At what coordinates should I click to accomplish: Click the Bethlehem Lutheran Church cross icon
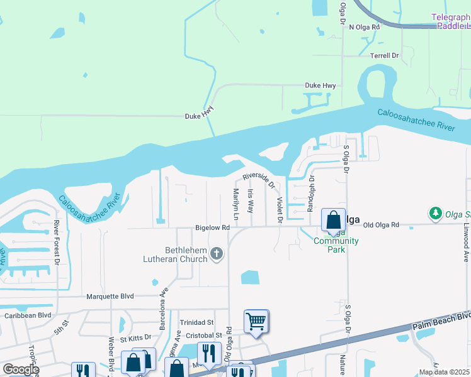pos(216,254)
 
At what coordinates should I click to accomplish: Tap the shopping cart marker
pos(256,321)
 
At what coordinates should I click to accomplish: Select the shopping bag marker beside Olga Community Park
pos(333,220)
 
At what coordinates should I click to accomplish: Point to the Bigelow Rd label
pos(212,229)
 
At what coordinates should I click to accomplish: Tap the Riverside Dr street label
pos(259,179)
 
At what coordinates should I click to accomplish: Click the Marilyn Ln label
pos(236,204)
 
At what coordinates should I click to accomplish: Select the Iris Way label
pos(251,200)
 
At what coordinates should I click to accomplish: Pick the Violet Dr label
pos(280,209)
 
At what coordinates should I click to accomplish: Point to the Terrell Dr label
pos(385,56)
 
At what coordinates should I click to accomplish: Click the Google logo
pos(21,369)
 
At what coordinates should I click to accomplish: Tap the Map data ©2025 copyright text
pos(444,372)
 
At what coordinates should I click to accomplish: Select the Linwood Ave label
pos(467,241)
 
